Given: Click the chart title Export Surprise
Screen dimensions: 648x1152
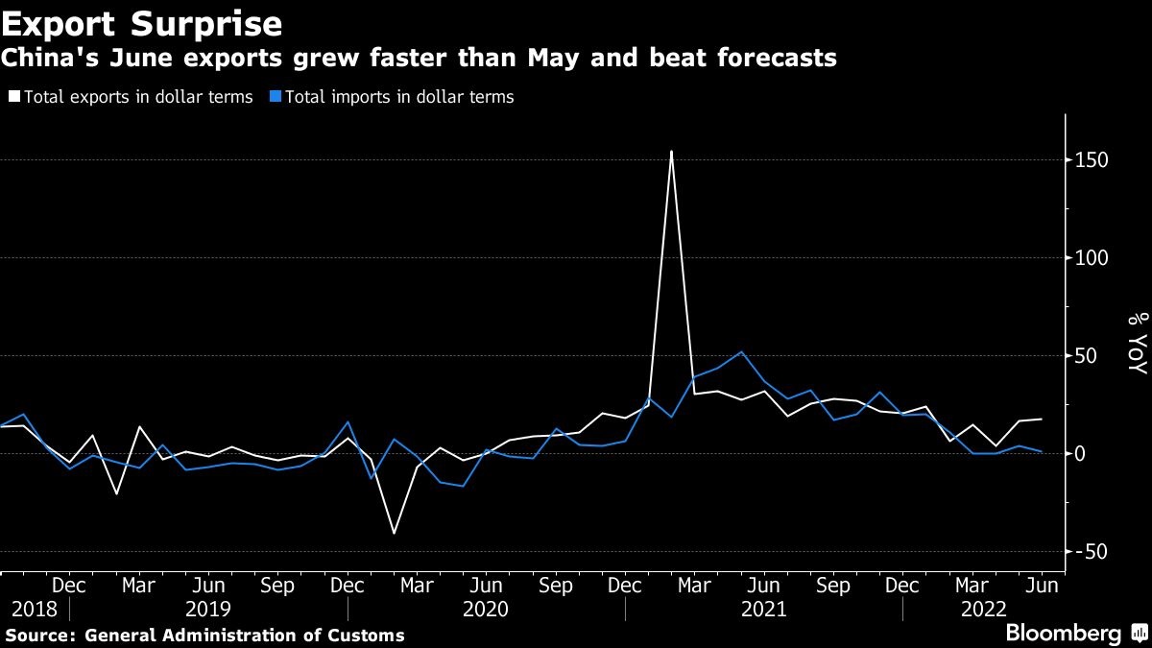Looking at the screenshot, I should pos(141,22).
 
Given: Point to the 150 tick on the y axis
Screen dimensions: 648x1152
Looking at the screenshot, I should pos(1091,160).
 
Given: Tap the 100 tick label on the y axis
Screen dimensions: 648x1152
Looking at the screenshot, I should pos(1091,258).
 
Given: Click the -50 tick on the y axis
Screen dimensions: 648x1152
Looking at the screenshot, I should pos(1091,552).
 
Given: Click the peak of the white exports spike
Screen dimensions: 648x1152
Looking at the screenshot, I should pos(671,151).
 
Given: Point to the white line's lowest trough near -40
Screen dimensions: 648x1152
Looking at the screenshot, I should pos(394,533).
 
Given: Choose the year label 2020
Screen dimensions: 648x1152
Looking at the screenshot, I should pos(486,609).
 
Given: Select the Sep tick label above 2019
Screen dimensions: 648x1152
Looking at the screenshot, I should pos(277,586).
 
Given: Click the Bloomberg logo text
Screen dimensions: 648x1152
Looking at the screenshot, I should pos(1063,634).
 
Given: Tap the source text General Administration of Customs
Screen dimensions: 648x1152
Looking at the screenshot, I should pos(245,636).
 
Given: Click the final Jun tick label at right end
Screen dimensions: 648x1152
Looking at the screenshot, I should pos(1043,586).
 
